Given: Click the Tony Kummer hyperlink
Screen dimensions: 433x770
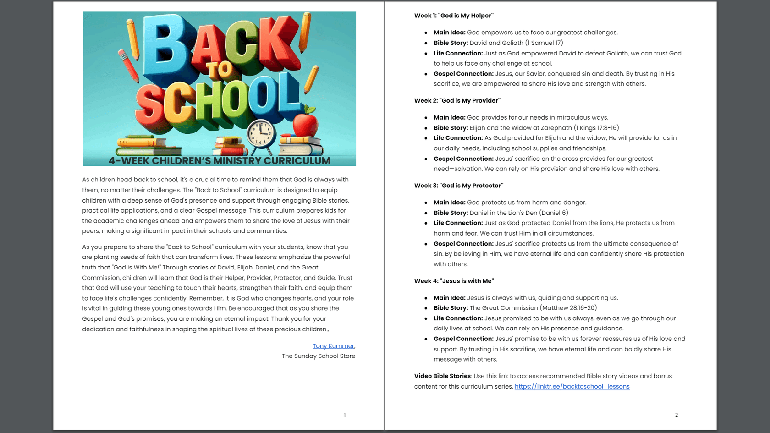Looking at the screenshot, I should coord(333,346).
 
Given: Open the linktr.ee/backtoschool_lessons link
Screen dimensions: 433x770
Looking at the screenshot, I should coord(572,386).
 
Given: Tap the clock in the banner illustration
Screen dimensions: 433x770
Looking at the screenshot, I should coord(261,134).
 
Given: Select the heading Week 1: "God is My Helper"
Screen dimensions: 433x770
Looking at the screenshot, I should coord(454,16).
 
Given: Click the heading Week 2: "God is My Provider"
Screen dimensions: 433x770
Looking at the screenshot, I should coord(457,100).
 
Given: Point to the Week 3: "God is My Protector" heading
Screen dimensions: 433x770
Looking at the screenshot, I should coord(458,186).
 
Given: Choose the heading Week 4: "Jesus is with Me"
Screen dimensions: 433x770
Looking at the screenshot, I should coord(454,281).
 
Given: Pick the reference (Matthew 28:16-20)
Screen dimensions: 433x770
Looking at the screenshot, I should coord(568,308).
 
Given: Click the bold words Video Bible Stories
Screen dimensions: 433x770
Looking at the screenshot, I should coord(442,376).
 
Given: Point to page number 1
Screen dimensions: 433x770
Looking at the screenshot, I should coord(345,415).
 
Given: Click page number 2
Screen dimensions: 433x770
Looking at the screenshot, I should coord(676,415).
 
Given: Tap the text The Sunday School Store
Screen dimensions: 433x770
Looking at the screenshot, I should coord(318,356).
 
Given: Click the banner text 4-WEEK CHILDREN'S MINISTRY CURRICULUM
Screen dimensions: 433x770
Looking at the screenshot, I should coord(219,161).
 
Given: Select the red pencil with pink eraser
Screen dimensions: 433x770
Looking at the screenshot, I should coord(128,66).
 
